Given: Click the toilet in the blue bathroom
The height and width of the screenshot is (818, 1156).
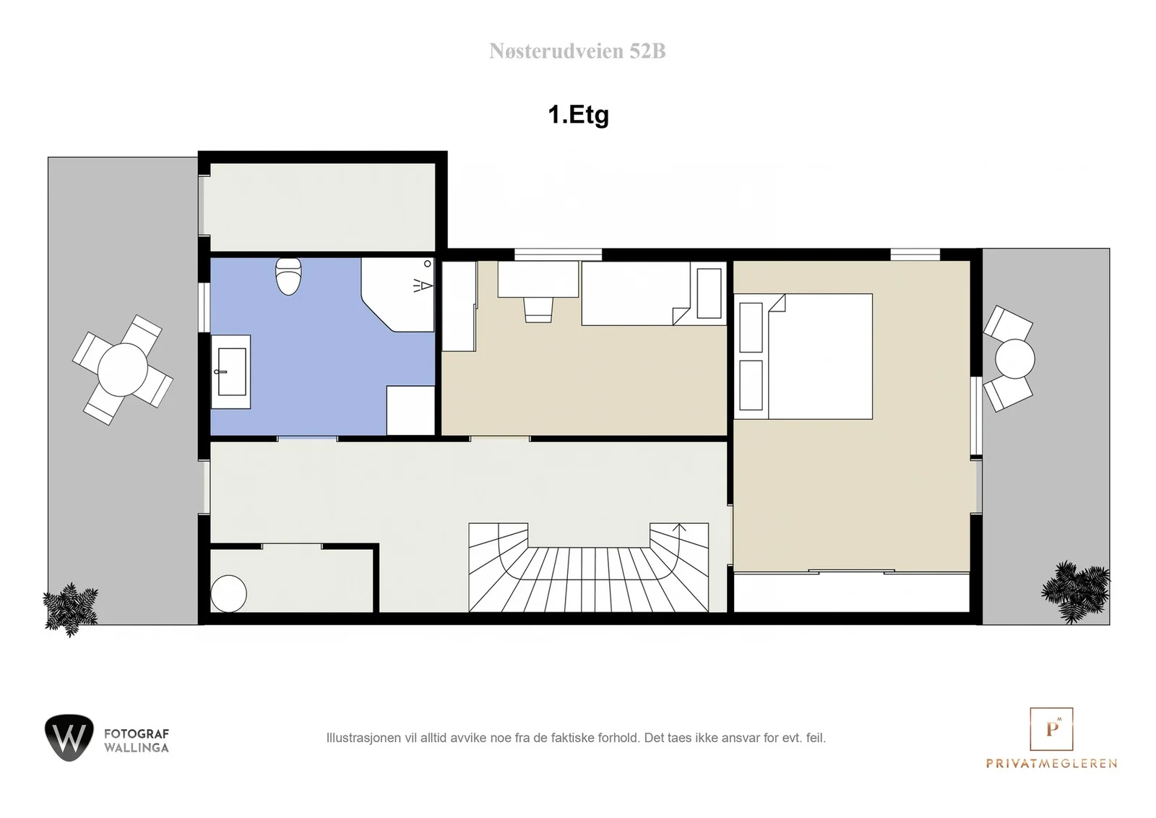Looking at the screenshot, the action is click(288, 277).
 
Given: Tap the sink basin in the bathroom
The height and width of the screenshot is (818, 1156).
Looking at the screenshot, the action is click(232, 371).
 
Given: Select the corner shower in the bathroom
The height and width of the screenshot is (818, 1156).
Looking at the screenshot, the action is click(398, 295).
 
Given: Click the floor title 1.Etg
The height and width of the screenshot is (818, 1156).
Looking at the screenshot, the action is click(579, 115).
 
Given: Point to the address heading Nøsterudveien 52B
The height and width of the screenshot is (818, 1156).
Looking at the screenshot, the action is click(577, 51).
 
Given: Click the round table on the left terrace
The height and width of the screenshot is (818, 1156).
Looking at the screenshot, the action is click(123, 369).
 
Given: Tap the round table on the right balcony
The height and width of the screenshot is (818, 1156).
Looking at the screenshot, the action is click(1014, 358).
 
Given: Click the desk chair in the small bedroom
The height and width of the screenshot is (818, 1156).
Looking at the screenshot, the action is click(538, 310).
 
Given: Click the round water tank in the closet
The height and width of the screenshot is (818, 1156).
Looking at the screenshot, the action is click(228, 593).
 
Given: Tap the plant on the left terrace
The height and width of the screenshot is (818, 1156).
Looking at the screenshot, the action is click(70, 609).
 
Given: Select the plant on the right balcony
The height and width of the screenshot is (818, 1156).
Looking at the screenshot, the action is click(1076, 591).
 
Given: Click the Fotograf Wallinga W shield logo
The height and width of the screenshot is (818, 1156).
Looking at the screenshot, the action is click(69, 738).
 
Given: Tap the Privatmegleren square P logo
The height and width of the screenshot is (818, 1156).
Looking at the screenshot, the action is click(1051, 728).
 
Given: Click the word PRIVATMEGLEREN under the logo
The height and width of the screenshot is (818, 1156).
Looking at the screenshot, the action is click(1051, 763).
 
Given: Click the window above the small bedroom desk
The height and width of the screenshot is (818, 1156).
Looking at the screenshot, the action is click(558, 254).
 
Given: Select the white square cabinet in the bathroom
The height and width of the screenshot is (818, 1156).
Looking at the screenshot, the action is click(411, 410).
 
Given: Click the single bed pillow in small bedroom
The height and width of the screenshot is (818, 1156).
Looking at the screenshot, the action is click(709, 293).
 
